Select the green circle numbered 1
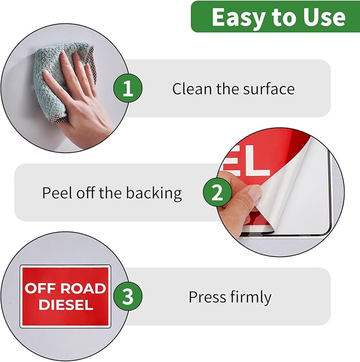[128, 88]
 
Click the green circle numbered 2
[217, 192]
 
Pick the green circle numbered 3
[128, 296]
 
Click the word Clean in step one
[192, 89]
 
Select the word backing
[154, 193]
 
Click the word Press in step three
[207, 297]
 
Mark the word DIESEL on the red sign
[66, 305]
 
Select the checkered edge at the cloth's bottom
[58, 119]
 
